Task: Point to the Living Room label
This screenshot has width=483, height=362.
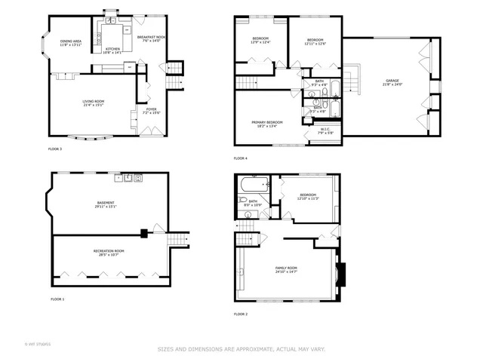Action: pyautogui.click(x=94, y=103)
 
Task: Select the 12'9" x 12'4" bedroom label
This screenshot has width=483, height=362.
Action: pyautogui.click(x=260, y=40)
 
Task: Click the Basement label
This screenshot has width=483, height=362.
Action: pyautogui.click(x=106, y=204)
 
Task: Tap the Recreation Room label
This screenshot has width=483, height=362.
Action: pyautogui.click(x=109, y=252)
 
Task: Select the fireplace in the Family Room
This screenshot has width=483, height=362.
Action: pyautogui.click(x=341, y=276)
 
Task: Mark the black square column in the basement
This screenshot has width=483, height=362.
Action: pyautogui.click(x=143, y=232)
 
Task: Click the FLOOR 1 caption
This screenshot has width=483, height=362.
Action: pyautogui.click(x=57, y=300)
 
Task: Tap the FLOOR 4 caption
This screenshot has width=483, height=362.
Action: pyautogui.click(x=240, y=158)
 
